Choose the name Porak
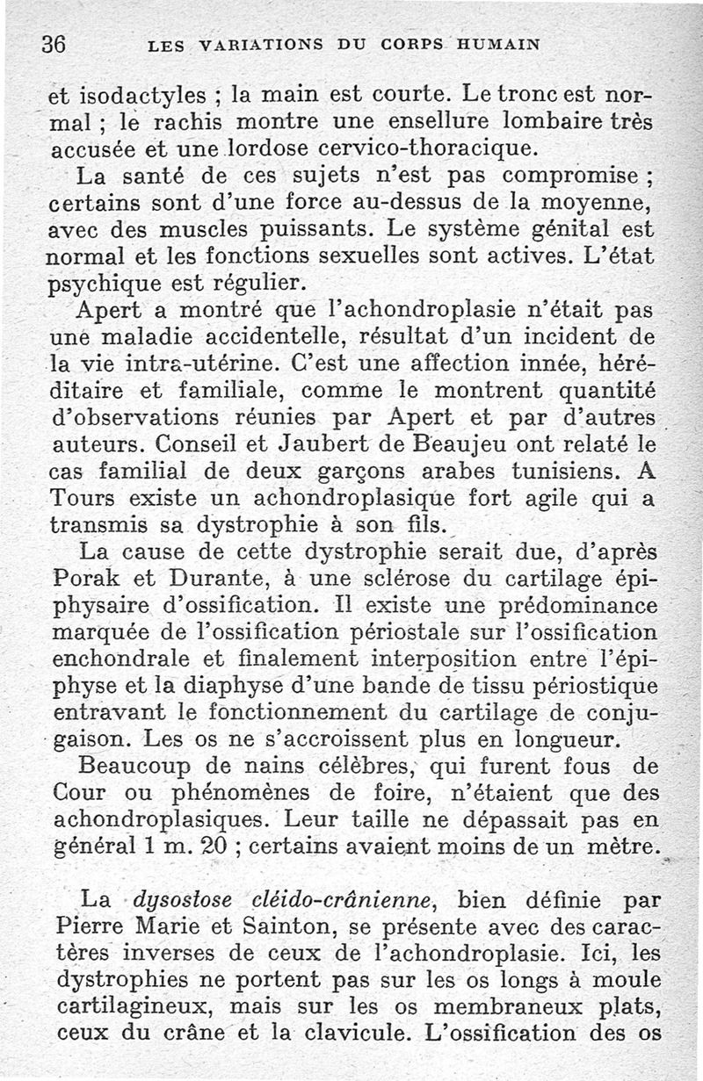88,581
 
